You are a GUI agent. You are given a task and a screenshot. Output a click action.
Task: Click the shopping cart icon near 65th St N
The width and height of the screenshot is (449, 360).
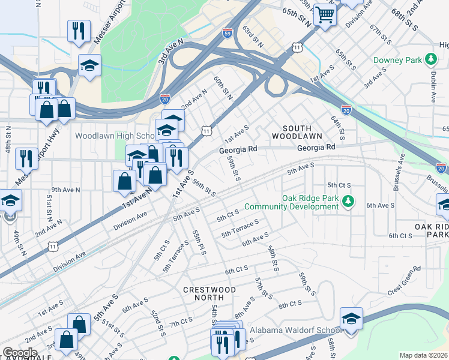[x=325, y=14]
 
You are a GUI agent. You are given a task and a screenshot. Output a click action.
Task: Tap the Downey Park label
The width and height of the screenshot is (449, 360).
[x=398, y=60]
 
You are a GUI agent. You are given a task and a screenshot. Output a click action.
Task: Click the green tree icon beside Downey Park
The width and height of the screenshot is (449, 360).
[x=430, y=59]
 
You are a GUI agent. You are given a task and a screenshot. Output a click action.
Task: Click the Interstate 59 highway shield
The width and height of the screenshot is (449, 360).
[x=227, y=34]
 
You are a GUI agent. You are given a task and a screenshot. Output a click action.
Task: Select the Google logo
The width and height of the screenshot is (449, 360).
[x=19, y=352]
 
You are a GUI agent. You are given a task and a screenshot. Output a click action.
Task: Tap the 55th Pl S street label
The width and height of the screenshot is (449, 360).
[x=199, y=242]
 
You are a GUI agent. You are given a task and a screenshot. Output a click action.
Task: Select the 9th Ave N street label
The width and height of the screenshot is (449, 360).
[x=65, y=190]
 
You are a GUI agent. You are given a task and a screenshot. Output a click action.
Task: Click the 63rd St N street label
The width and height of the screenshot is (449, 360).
[x=253, y=37]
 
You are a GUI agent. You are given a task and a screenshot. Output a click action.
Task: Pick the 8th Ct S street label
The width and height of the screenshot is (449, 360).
[x=290, y=305]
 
